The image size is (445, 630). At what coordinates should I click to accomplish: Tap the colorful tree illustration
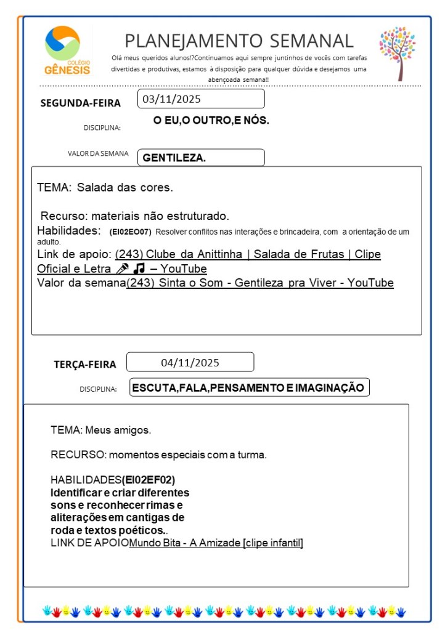398,53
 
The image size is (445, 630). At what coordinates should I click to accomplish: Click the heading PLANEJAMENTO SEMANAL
239,41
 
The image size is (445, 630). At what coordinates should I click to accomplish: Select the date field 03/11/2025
201,99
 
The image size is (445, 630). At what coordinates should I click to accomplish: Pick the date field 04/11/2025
190,362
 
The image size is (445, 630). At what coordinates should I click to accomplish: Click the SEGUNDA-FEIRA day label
80,103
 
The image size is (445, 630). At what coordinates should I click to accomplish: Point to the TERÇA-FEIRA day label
84,365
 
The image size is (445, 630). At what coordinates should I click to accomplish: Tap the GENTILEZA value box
201,158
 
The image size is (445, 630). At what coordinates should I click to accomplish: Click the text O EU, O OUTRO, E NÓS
211,121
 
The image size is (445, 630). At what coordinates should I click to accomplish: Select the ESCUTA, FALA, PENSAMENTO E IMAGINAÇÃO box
249,387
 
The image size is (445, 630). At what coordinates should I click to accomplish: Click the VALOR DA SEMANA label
98,154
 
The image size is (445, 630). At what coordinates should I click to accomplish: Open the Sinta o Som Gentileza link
259,283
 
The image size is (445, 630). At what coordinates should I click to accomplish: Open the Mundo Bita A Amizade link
216,543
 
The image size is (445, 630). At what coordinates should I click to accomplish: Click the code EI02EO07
130,232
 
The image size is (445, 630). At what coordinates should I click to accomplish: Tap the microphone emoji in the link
122,269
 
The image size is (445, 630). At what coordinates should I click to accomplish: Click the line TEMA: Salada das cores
105,187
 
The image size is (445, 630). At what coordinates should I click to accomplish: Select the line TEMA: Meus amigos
101,430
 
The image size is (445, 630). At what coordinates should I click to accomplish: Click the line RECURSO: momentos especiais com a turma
158,455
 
